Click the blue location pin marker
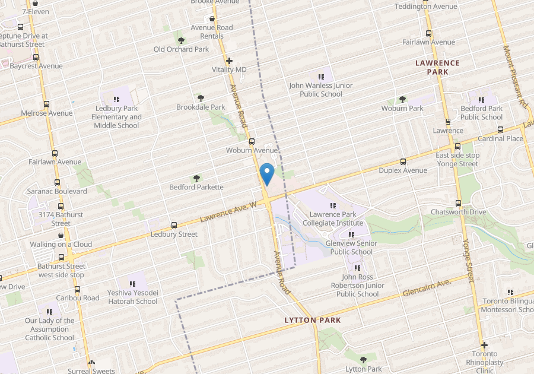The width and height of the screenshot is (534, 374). coord(267,173)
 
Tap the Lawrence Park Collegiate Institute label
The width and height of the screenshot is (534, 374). coord(332,218)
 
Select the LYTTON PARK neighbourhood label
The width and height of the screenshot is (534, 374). coord(312,320)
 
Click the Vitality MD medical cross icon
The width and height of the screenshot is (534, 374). coord(229,61)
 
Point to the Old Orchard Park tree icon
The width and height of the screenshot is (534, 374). coord(181,40)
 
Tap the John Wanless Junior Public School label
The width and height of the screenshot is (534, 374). coord(320,90)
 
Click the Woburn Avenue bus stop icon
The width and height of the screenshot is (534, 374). coord(252,142)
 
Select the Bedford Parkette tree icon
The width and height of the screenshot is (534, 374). coord(196,178)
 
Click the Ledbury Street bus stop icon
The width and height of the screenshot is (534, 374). coord(174,225)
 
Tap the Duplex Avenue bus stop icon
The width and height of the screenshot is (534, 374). coord(403,161)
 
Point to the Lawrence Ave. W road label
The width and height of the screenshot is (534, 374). coord(227,212)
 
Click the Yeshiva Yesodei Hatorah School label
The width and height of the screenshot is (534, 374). coord(132,297)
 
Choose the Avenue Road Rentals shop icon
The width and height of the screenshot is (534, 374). coord(212,19)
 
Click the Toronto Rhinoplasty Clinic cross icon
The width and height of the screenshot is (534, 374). coord(484,345)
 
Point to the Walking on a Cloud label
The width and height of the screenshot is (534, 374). coord(61,244)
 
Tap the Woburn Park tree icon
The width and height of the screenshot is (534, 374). coord(402,99)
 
